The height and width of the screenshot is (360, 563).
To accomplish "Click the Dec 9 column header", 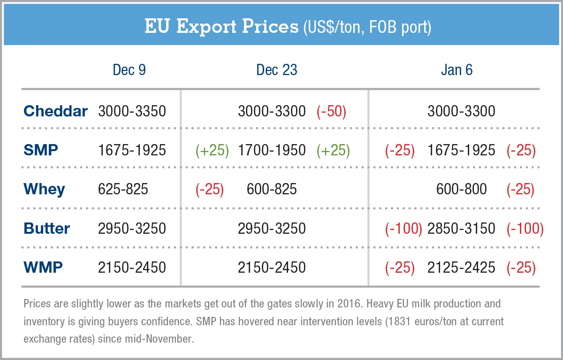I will pos(129,70).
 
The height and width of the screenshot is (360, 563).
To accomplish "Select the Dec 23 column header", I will pos(276,70).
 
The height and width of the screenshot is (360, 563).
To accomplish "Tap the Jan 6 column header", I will pos(456,70).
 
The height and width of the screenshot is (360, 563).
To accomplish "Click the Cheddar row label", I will pos(55,111).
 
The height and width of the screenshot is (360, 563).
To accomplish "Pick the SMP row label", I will pos(41,150).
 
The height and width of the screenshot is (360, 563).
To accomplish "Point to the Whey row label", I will pos(44,189).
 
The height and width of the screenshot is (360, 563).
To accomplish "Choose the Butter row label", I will pos(46,229).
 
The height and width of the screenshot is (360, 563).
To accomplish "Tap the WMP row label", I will pos(43,268).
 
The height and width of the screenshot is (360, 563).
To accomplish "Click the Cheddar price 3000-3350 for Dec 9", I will pos(132,111).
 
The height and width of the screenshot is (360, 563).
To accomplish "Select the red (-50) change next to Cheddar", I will pos(331,111).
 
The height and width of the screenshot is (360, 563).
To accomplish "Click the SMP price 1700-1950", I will pos(272,150).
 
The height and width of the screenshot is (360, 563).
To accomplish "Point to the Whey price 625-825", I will pos(123,189).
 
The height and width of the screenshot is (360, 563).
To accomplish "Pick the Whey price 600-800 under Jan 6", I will pos(461,189).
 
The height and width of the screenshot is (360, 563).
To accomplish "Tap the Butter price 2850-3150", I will pos(461,229).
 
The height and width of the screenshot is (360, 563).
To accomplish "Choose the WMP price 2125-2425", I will pos(461,268).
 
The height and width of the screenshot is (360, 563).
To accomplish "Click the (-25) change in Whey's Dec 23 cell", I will pos(209,189).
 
